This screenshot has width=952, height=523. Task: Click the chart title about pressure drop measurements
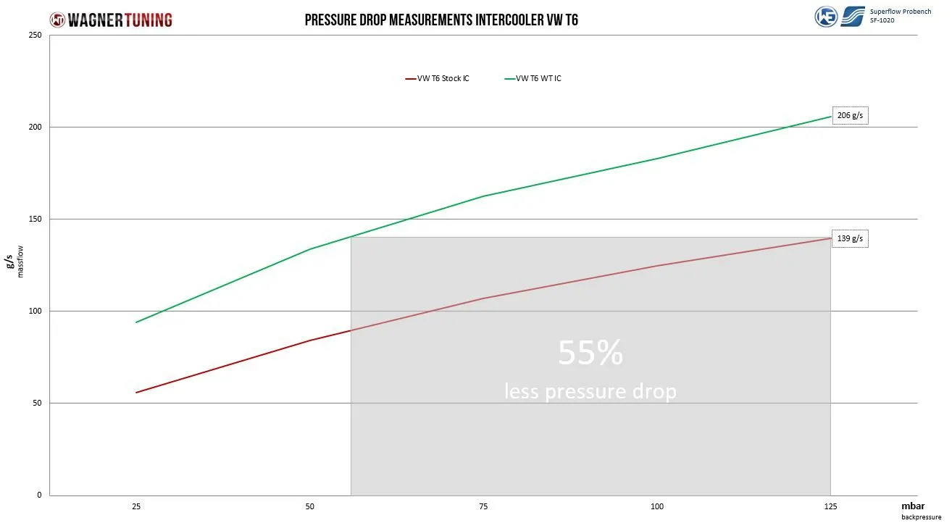pos(440,20)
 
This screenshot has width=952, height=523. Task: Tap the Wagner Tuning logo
pos(111,20)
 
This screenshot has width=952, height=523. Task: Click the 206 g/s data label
pos(849,115)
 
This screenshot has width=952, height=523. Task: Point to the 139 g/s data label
pos(849,238)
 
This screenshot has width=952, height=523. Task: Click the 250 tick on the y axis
pos(36,35)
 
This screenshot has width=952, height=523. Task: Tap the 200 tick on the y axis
pos(36,127)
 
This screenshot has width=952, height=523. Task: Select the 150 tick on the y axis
pos(36,219)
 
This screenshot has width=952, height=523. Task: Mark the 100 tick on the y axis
pos(36,311)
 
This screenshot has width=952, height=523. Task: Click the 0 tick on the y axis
pos(40,495)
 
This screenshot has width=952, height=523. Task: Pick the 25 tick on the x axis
pos(136,507)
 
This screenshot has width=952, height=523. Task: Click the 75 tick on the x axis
pos(483,507)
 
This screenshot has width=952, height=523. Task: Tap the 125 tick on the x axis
pos(830,507)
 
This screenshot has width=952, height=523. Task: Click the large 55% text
pos(590,353)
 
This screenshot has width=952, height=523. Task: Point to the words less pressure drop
pos(590,391)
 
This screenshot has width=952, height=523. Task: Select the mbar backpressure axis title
pos(916,510)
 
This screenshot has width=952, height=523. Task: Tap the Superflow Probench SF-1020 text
pos(900,15)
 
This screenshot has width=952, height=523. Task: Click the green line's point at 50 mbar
pos(310,249)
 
